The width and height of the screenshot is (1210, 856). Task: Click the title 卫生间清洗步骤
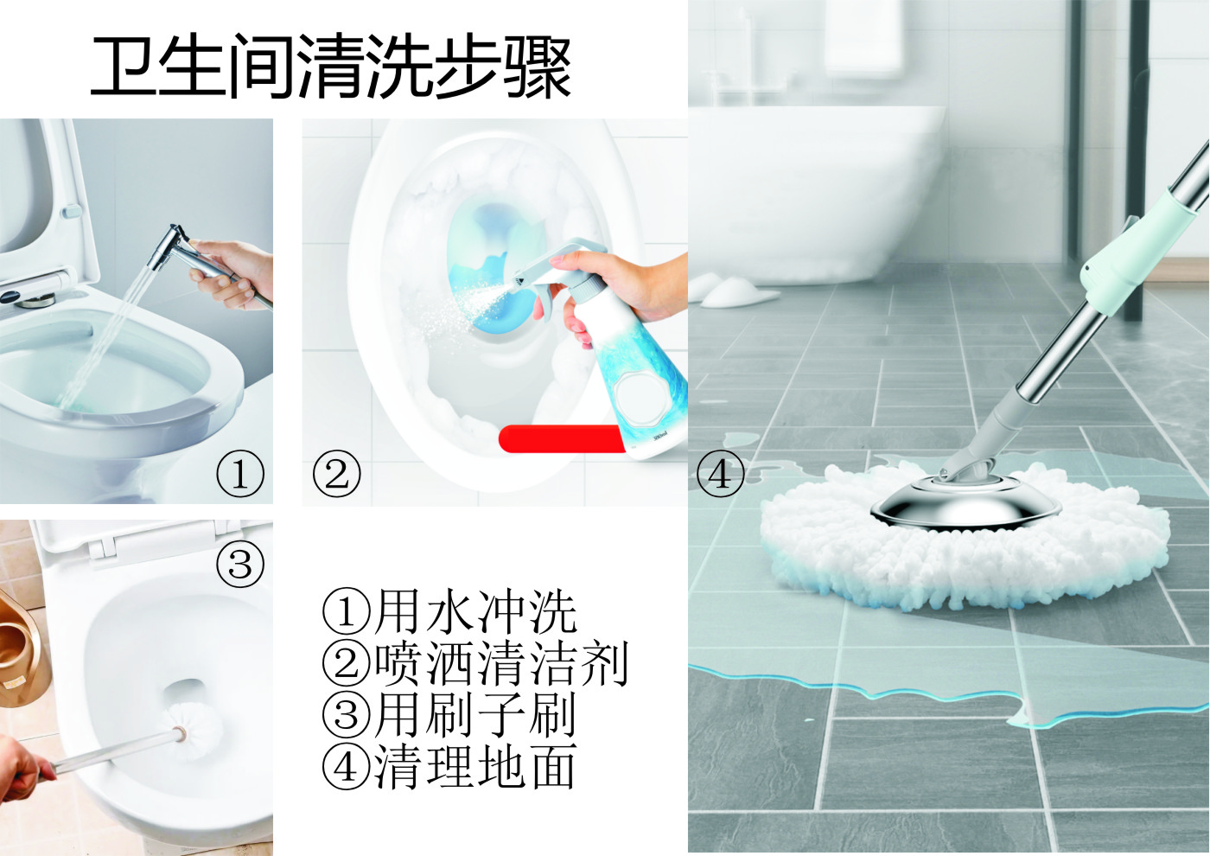point(330,67)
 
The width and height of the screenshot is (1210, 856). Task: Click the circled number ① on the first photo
point(240,474)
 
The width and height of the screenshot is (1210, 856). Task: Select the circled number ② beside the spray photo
point(336,474)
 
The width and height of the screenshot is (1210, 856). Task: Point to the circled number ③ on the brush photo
point(240,564)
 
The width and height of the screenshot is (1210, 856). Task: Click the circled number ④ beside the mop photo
point(720,474)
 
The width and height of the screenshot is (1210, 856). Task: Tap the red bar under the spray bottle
point(562,438)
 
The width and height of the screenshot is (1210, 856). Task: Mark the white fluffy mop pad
point(965,540)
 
